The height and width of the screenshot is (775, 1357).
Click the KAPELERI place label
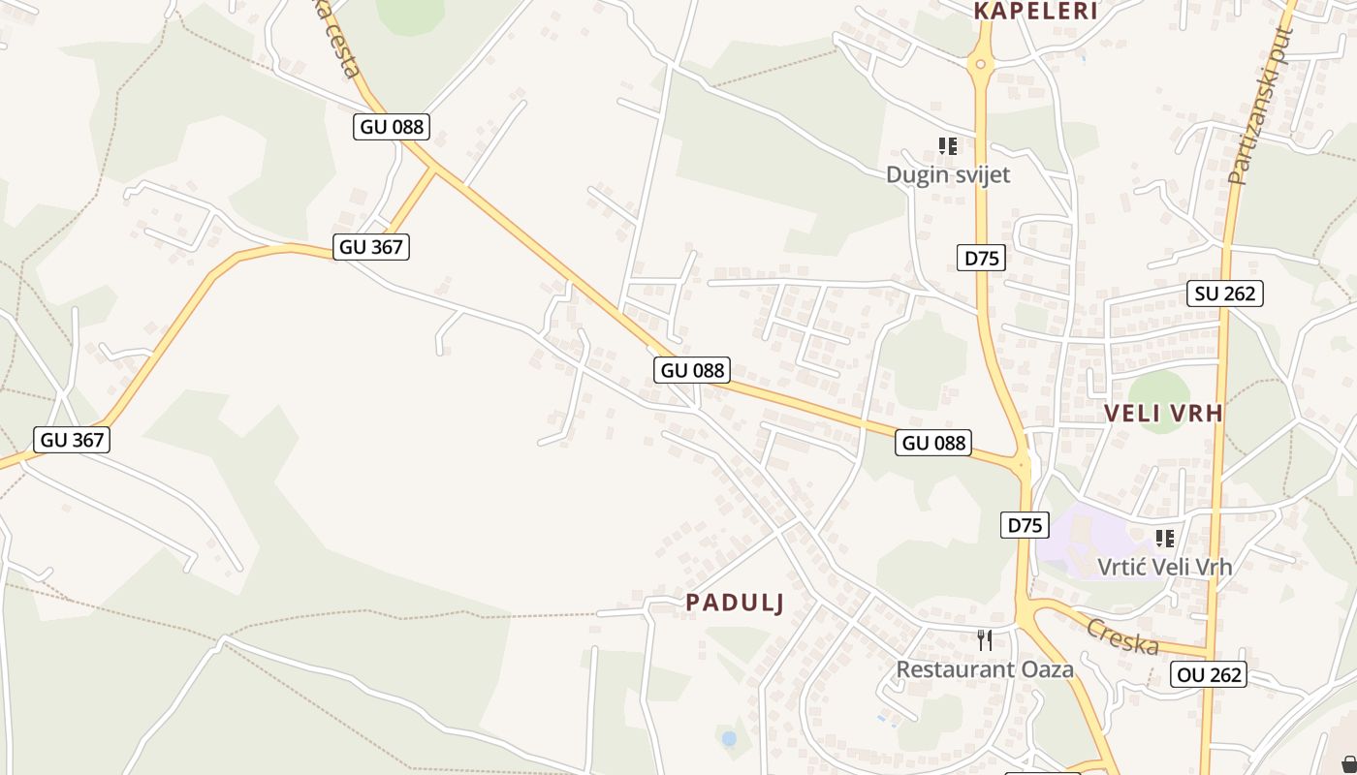pyautogui.click(x=1035, y=12)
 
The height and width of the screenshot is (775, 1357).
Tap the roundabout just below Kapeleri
pyautogui.click(x=981, y=66)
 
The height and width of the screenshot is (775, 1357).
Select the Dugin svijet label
pyautogui.click(x=948, y=174)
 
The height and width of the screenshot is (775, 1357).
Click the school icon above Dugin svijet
pyautogui.click(x=948, y=146)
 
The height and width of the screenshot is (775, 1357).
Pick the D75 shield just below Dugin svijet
pyautogui.click(x=981, y=257)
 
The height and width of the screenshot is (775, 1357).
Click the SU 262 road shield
pyautogui.click(x=1225, y=293)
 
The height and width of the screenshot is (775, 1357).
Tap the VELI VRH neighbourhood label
pyautogui.click(x=1163, y=414)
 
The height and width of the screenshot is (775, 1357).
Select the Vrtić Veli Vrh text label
pyautogui.click(x=1164, y=567)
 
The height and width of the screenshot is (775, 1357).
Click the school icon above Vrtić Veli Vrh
pyautogui.click(x=1164, y=538)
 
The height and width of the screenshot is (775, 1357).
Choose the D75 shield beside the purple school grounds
pyautogui.click(x=1025, y=525)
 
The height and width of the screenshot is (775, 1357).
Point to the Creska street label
pyautogui.click(x=1122, y=636)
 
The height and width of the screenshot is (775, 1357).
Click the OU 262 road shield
pyautogui.click(x=1208, y=674)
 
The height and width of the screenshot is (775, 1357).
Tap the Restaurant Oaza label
pyautogui.click(x=984, y=669)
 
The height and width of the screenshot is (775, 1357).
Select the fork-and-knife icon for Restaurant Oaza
pyautogui.click(x=985, y=639)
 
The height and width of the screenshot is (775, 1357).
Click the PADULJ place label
pyautogui.click(x=735, y=603)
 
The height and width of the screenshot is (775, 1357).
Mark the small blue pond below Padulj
pyautogui.click(x=729, y=739)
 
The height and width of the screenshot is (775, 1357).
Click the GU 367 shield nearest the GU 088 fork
pyautogui.click(x=371, y=247)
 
